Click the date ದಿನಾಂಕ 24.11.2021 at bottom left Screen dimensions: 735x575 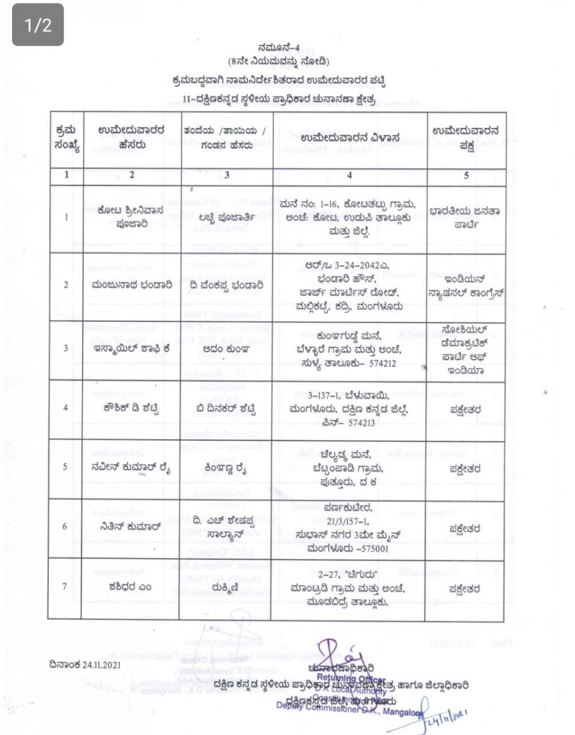[89, 664]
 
